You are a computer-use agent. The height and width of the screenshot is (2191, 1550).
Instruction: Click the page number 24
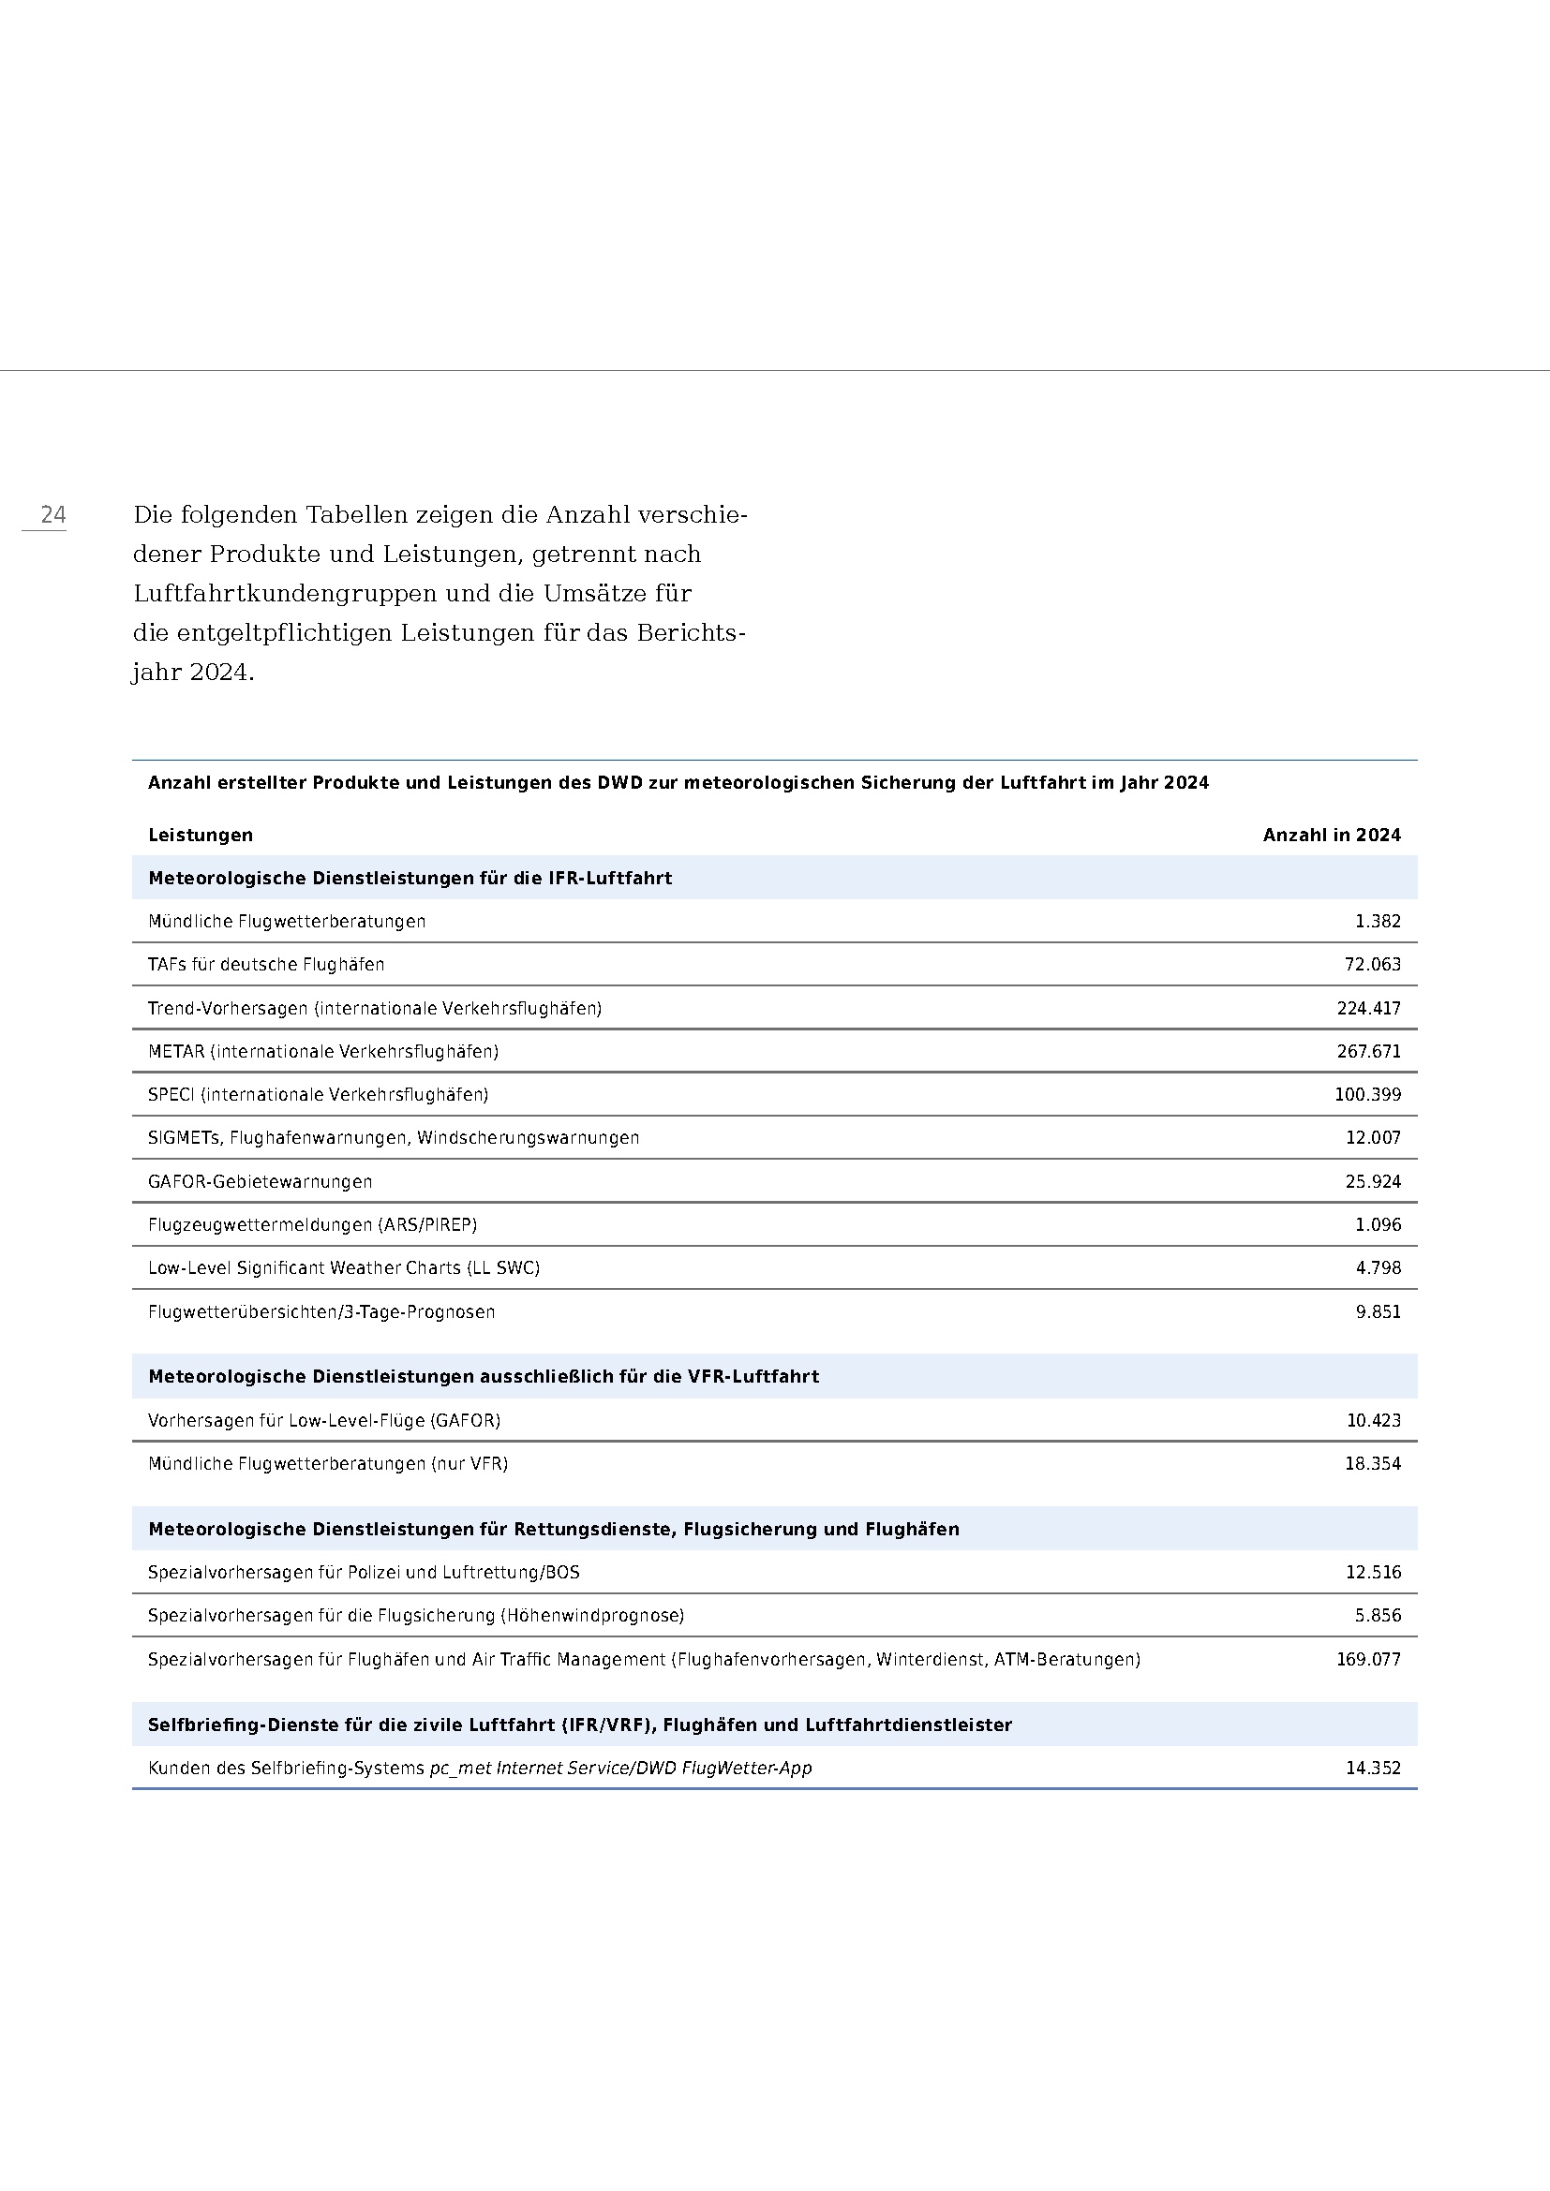[x=53, y=515]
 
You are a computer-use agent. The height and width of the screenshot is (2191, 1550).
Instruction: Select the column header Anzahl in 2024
[x=1332, y=835]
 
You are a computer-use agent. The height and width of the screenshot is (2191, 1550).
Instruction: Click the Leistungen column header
[x=201, y=835]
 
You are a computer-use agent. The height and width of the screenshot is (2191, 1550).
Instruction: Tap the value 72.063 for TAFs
[x=1373, y=965]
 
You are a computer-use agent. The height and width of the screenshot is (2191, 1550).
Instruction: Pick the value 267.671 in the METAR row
[x=1368, y=1052]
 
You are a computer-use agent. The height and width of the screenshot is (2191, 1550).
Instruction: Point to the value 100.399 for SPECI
[x=1367, y=1094]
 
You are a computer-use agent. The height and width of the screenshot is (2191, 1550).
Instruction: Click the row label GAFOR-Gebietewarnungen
[x=260, y=1181]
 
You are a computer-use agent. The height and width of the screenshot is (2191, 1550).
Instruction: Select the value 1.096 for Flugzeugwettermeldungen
[x=1379, y=1224]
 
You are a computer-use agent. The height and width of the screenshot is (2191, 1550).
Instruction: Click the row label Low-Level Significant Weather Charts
[x=344, y=1268]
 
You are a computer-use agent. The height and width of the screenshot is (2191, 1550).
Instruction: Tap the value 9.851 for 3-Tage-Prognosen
[x=1379, y=1312]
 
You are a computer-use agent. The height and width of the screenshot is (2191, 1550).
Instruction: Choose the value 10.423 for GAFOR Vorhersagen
[x=1374, y=1420]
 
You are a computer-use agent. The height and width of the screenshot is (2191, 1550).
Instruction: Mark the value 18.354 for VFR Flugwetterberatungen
[x=1373, y=1464]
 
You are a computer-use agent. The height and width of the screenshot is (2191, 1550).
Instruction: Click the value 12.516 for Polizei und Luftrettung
[x=1374, y=1572]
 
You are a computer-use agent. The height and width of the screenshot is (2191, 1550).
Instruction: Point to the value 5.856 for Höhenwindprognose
[x=1379, y=1616]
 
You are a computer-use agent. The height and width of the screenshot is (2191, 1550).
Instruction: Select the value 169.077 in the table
[x=1368, y=1660]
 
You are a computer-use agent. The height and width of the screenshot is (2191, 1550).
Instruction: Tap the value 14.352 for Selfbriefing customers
[x=1374, y=1769]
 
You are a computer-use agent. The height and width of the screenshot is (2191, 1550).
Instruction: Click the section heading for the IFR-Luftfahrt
[x=410, y=878]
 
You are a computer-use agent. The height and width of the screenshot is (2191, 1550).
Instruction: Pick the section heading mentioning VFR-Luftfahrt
[x=483, y=1376]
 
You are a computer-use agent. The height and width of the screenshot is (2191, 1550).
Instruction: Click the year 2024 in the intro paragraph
[x=219, y=673]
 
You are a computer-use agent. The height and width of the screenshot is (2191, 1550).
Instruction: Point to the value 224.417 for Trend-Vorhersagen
[x=1368, y=1009]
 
